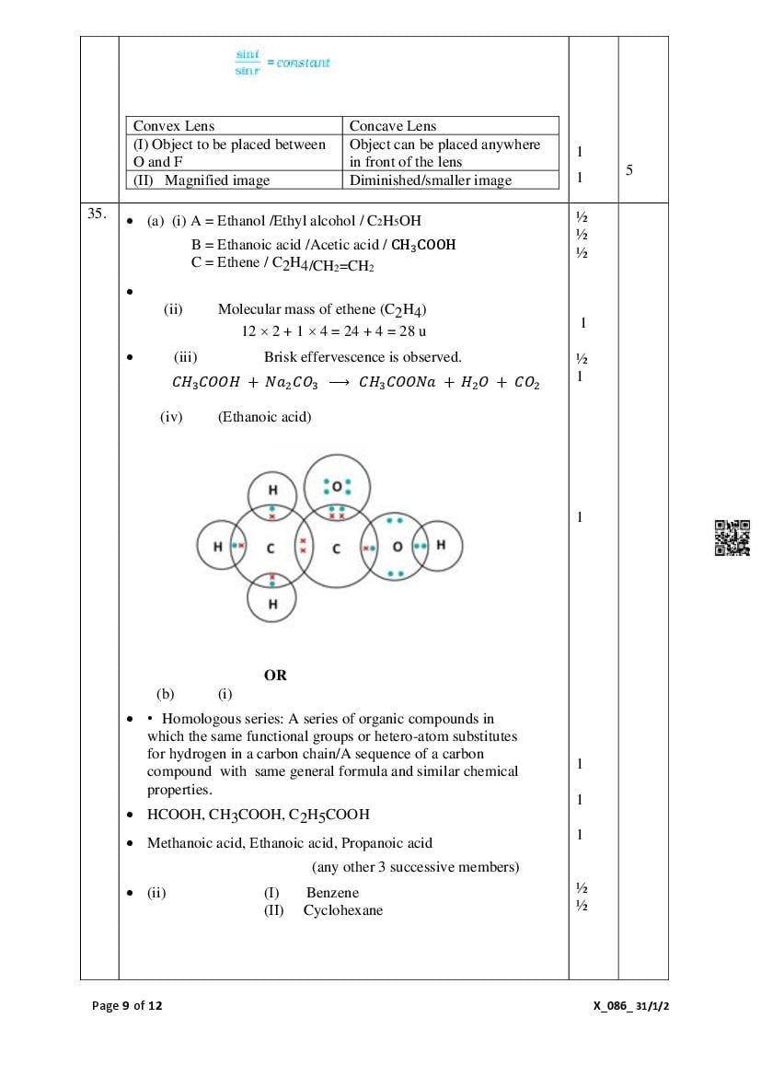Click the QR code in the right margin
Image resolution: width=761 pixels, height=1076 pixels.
(732, 538)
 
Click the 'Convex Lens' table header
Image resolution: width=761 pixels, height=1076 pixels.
(174, 126)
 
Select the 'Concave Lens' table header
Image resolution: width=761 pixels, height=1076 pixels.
(393, 126)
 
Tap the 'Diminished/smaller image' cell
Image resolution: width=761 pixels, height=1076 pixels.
(430, 180)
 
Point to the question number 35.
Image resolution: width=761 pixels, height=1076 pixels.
(97, 214)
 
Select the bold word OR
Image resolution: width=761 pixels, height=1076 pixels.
(275, 675)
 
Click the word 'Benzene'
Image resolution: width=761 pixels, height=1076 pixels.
(332, 892)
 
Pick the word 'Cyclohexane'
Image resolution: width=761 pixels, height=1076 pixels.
(342, 910)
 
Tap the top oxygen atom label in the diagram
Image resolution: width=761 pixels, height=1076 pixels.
(336, 486)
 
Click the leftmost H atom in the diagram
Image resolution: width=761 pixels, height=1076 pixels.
(217, 547)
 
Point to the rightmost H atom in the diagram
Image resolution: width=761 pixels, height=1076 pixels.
(441, 545)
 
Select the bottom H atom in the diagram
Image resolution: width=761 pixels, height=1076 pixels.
(272, 604)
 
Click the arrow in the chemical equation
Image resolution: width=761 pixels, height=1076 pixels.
(338, 383)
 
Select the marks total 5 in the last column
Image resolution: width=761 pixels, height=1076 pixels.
(628, 170)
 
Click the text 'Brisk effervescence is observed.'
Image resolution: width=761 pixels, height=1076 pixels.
(363, 357)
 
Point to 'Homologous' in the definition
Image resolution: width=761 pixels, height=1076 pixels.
(197, 719)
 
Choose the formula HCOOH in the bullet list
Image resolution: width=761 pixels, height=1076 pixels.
(175, 815)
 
